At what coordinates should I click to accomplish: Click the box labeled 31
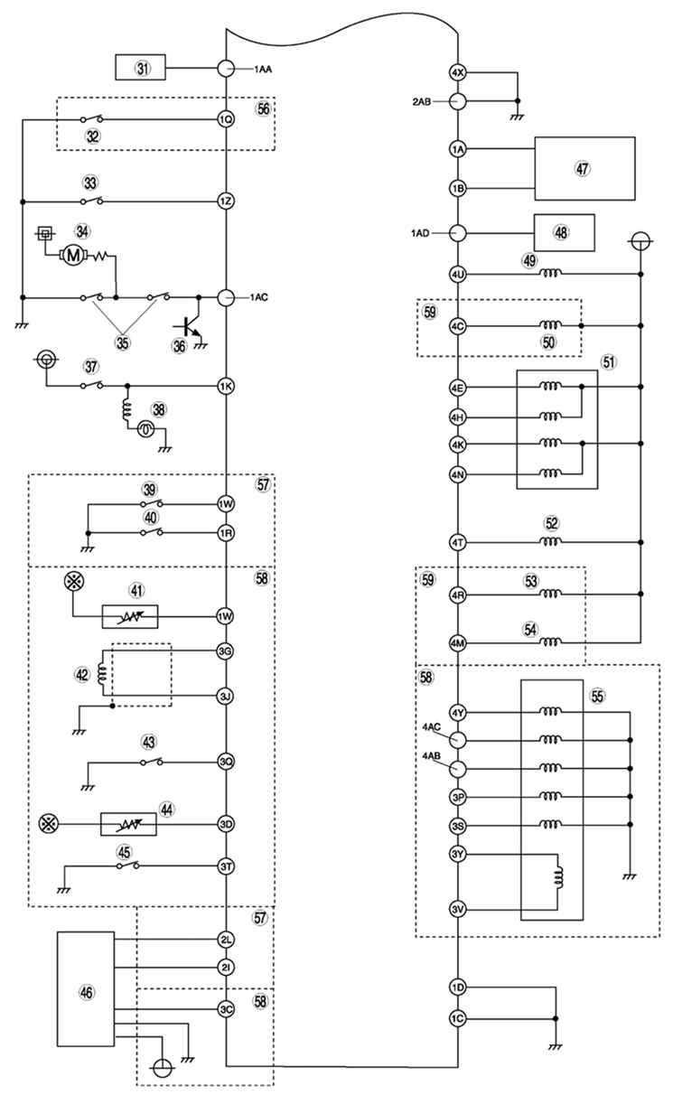click(x=140, y=67)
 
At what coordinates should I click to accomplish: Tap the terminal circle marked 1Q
click(x=226, y=118)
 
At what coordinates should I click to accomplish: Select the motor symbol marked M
click(x=74, y=255)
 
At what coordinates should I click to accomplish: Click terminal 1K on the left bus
click(x=226, y=387)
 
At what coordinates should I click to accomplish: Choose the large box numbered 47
click(x=584, y=169)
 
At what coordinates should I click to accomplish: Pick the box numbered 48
click(x=564, y=233)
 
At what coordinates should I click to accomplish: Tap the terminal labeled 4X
click(x=457, y=73)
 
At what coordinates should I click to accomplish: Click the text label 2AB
click(x=421, y=102)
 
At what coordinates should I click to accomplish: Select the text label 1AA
click(x=263, y=70)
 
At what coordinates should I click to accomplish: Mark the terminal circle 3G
click(x=225, y=651)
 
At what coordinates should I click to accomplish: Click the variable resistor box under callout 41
click(x=130, y=616)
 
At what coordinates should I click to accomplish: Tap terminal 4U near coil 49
click(x=457, y=275)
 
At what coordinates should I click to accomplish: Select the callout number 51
click(x=609, y=362)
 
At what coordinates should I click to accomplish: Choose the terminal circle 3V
click(x=457, y=909)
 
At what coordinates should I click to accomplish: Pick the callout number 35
click(x=123, y=342)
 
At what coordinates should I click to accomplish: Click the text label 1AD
click(x=420, y=233)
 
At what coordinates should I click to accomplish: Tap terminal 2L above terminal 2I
click(x=226, y=939)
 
